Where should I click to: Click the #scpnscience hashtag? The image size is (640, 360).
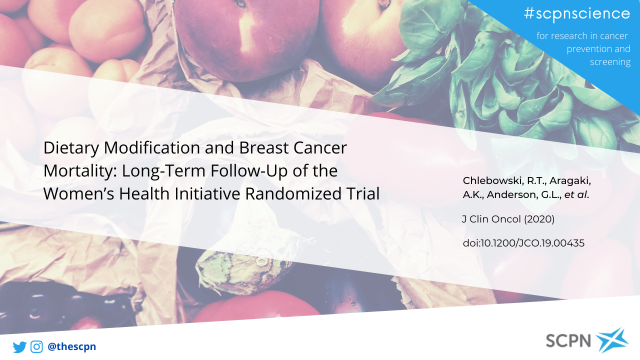point(577,13)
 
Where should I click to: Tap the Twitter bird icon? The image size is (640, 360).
point(19,347)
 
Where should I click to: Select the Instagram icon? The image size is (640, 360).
point(36,346)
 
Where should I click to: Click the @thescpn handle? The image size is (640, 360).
point(71,346)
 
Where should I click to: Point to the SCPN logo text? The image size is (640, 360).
point(568,340)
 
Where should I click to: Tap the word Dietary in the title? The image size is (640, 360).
point(71,148)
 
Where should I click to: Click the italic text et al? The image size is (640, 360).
point(576,194)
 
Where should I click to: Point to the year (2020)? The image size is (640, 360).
point(539,219)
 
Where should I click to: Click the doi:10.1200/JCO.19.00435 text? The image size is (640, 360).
point(523,243)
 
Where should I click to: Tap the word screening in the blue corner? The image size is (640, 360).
point(610,62)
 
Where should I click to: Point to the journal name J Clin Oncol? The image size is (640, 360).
point(491,219)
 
